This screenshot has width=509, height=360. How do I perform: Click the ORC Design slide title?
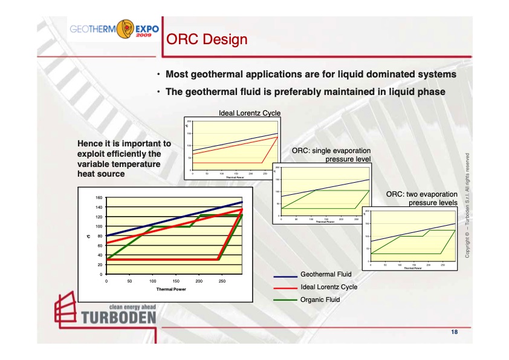coord(207,40)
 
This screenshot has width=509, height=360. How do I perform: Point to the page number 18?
coord(454,332)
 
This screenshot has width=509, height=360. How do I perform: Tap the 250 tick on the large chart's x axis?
coord(222,281)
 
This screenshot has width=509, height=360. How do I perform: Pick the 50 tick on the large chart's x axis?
coord(129,281)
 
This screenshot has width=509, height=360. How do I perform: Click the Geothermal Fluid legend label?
coord(326,274)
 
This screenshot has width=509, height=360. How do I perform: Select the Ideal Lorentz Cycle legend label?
coord(329,287)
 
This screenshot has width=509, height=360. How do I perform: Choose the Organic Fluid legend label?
coord(320,299)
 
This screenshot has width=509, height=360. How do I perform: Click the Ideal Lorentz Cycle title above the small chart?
coord(249,113)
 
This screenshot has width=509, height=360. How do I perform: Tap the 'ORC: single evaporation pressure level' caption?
coord(331,155)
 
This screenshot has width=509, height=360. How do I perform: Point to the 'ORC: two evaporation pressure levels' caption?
coord(421,198)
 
